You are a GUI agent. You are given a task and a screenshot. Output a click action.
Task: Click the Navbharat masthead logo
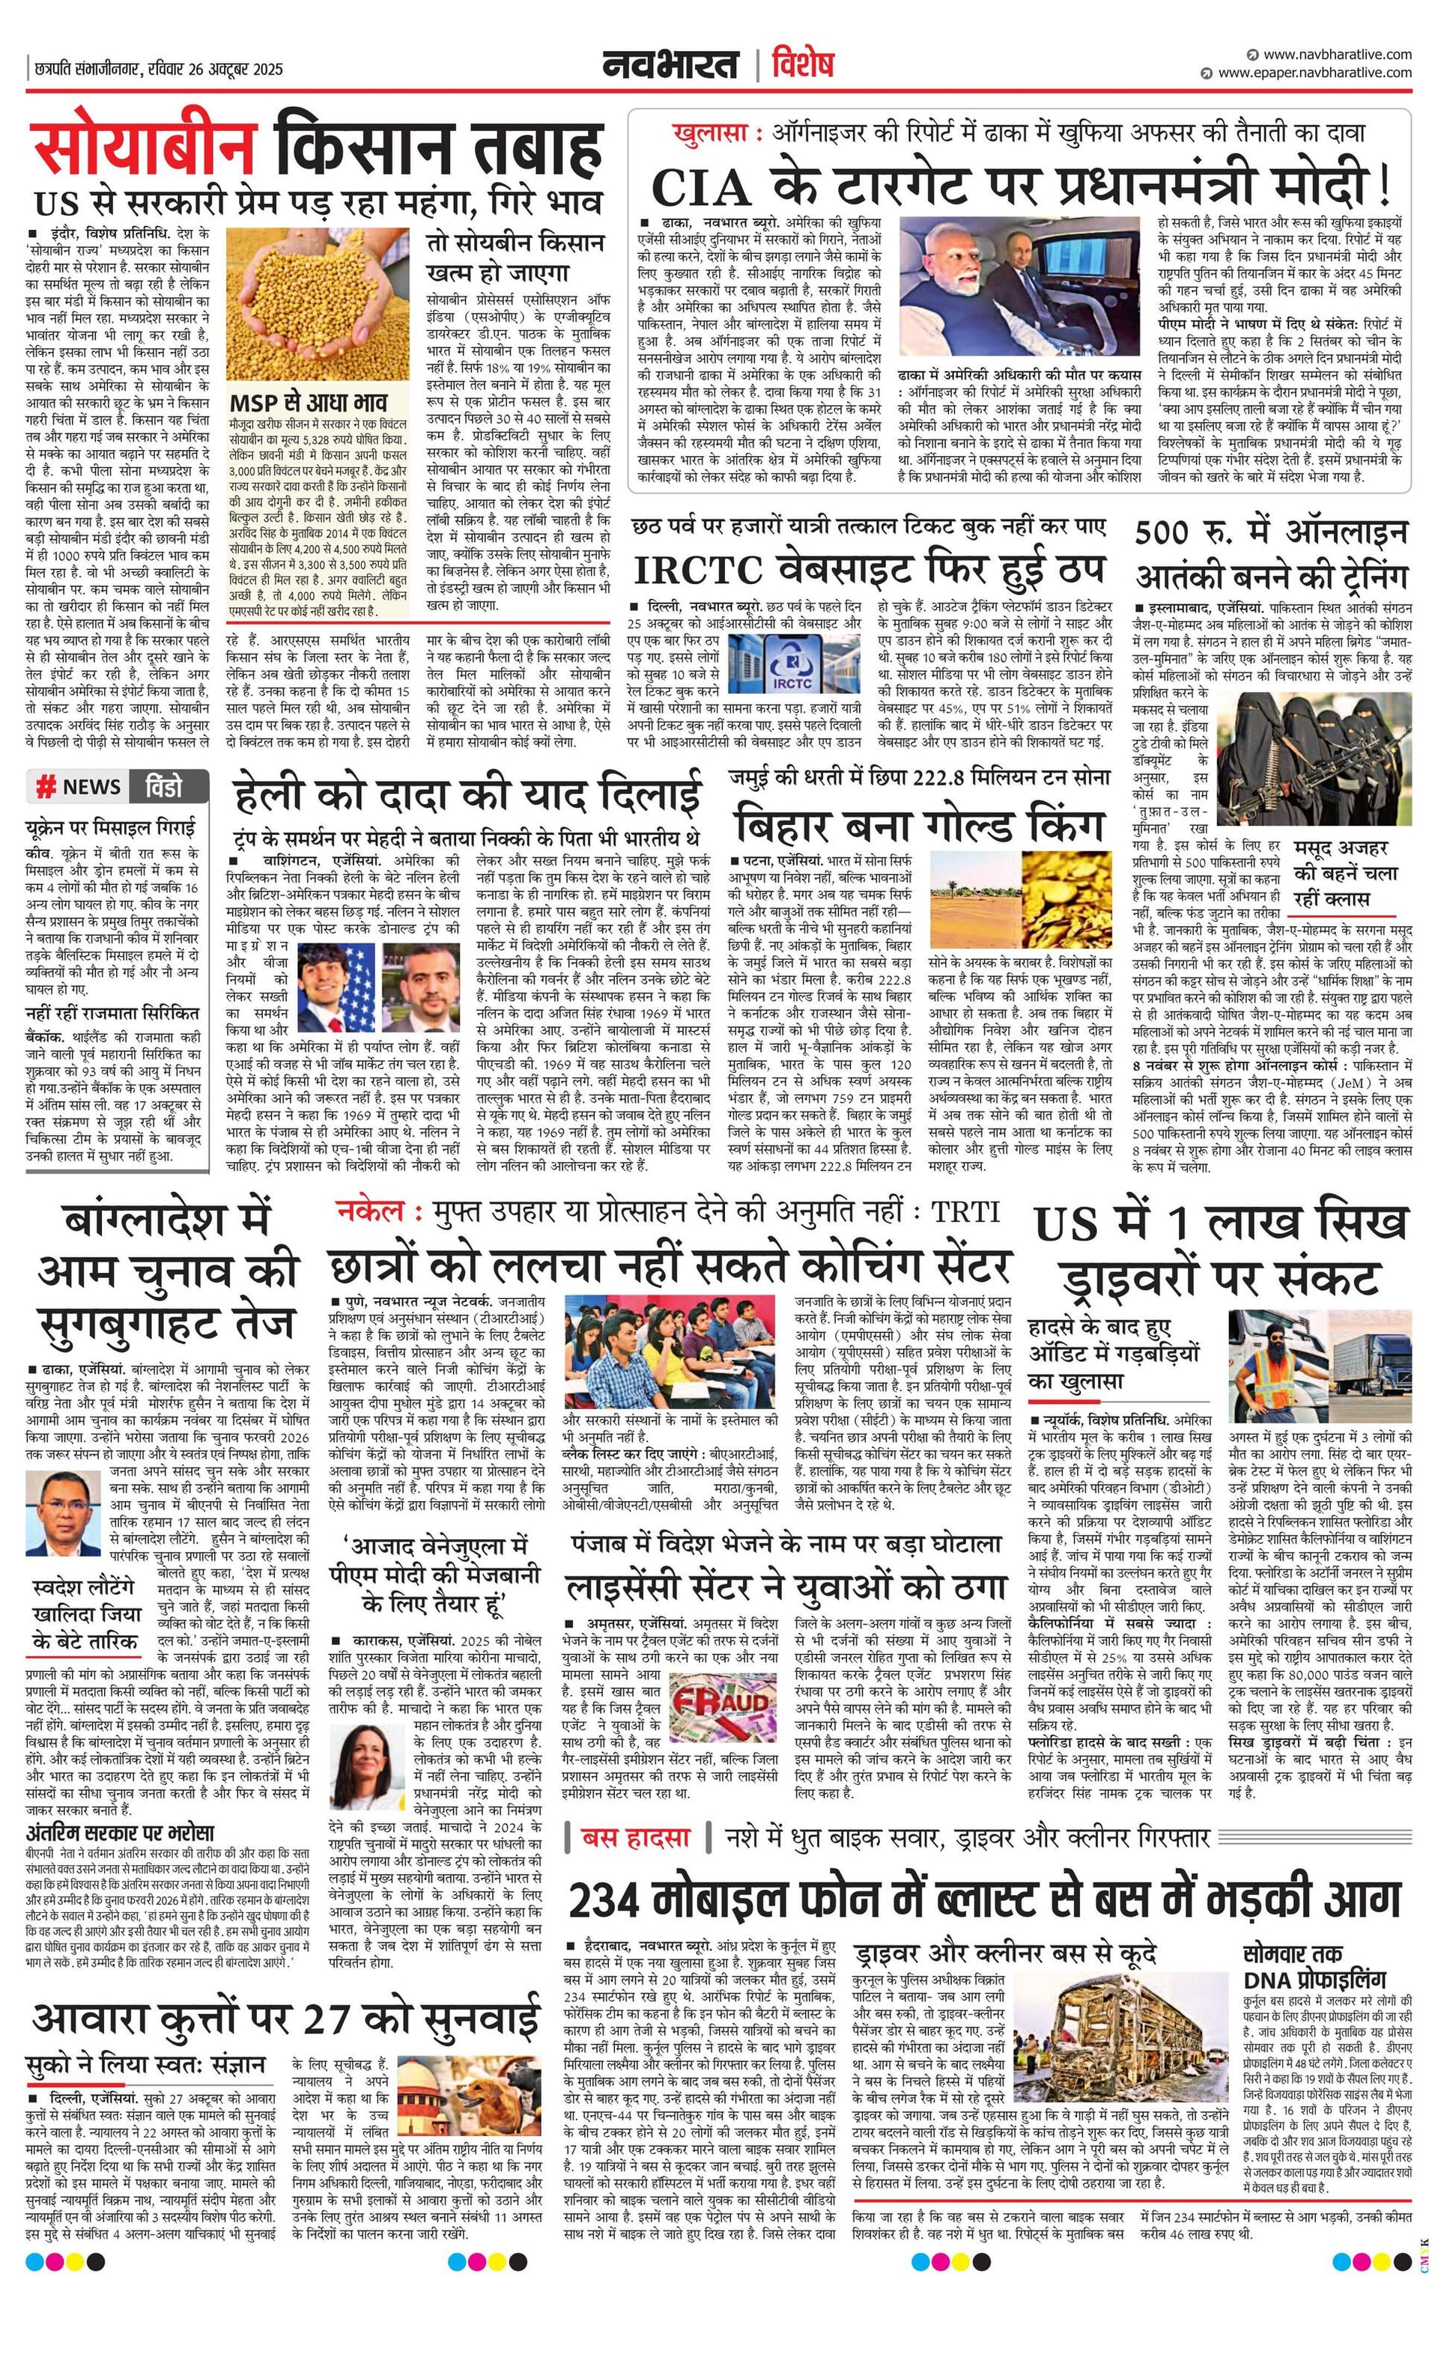(670, 64)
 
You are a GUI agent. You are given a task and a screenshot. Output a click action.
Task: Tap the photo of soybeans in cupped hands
(317, 305)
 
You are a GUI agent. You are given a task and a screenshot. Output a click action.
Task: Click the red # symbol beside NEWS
(45, 788)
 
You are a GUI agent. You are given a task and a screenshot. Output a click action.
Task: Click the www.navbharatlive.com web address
(1336, 55)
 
